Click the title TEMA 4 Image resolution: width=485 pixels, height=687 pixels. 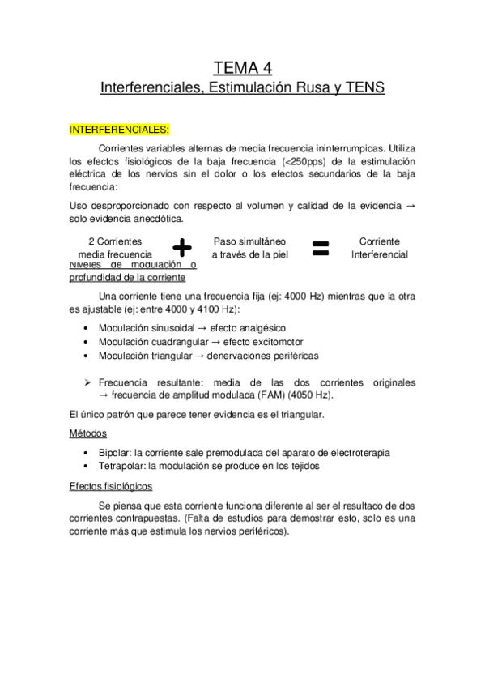pos(242,66)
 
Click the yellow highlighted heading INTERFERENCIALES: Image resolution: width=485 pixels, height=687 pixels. pos(119,129)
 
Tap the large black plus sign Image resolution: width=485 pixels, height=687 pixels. pos(183,247)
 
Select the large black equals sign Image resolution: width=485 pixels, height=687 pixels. pos(321,247)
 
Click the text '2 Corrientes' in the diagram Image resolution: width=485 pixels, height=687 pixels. pos(115,241)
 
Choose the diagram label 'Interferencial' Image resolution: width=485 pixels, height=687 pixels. pos(379,254)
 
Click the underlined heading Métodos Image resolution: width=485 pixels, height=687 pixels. pos(88,433)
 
